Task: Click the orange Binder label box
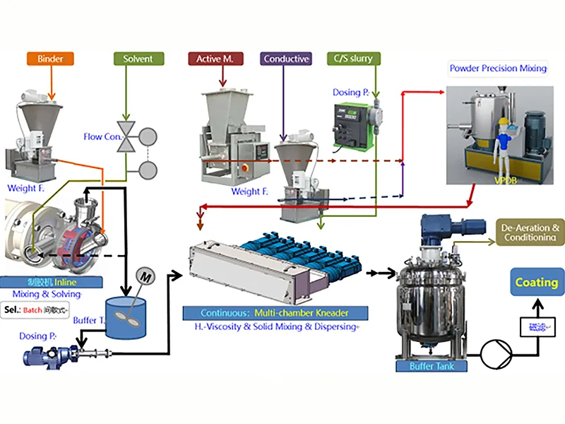[x=50, y=59]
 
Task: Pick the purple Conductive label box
[x=286, y=59]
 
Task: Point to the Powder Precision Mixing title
[x=499, y=69]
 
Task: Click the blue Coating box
[x=536, y=283]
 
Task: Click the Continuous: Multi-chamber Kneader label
[x=275, y=312]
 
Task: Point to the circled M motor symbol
[x=145, y=273]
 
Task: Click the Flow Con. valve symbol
[x=129, y=136]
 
